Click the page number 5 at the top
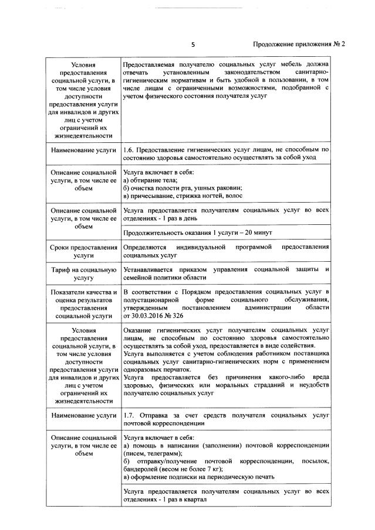[x=192, y=44]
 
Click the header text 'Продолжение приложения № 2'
[x=299, y=44]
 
